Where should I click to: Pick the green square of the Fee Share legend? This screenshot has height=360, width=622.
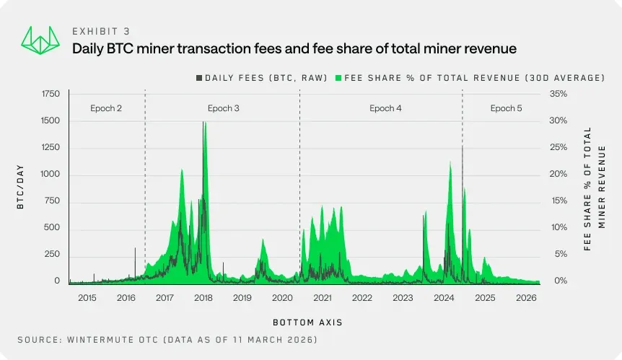pos(338,77)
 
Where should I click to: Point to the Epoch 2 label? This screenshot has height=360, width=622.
pos(106,108)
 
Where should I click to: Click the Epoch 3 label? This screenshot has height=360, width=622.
pos(224,108)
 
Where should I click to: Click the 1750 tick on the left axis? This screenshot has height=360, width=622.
pos(51,94)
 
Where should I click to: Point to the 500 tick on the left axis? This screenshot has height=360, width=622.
pos(53,228)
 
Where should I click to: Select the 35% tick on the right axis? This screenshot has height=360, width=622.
pos(559,94)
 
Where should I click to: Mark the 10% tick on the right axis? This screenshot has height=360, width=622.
pos(559,228)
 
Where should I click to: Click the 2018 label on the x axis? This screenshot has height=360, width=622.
pos(203,298)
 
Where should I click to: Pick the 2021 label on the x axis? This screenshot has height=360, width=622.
pos(322,298)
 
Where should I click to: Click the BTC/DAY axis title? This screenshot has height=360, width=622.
pos(22,188)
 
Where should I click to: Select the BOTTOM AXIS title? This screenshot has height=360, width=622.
pos(307,322)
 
